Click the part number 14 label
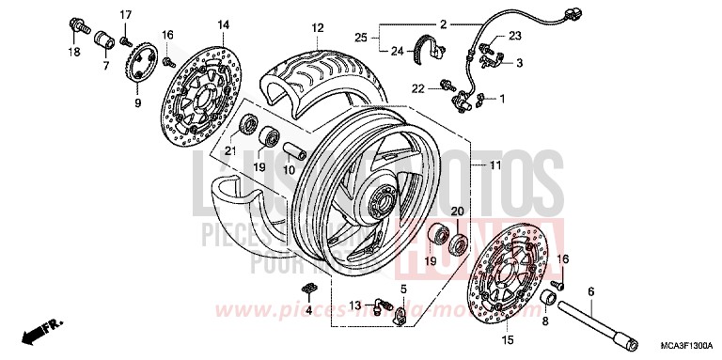click(x=197, y=24)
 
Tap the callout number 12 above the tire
click(x=318, y=27)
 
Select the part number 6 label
click(x=590, y=291)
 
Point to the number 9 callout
click(x=137, y=102)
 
